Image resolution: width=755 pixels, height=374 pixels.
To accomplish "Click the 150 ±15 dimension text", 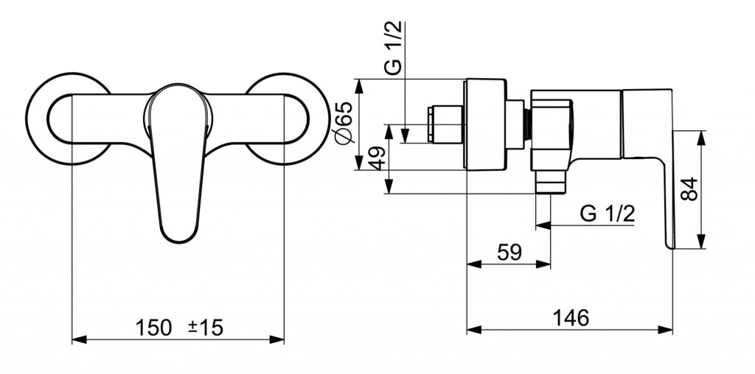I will pos(179,326).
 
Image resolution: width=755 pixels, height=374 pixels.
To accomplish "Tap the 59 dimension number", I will pos(509,252).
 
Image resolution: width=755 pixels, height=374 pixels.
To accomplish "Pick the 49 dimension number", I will pos(376,159).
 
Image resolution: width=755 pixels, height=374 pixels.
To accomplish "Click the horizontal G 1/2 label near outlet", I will pos(608,214).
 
